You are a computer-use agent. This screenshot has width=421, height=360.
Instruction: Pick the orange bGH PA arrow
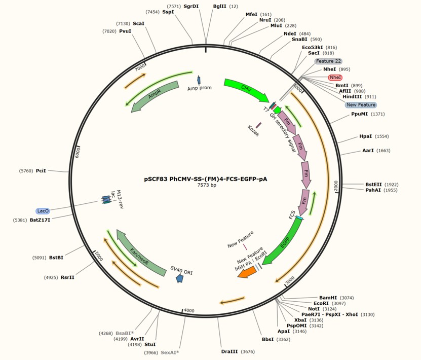pyautogui.click(x=247, y=272)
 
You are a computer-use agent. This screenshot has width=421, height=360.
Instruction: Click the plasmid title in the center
pyautogui.click(x=206, y=179)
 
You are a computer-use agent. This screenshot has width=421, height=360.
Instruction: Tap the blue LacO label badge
pyautogui.click(x=43, y=211)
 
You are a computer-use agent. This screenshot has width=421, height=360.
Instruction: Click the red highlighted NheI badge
pyautogui.click(x=335, y=78)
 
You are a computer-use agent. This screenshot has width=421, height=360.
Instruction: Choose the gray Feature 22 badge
pyautogui.click(x=328, y=61)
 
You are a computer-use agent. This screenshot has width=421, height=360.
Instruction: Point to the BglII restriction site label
pyautogui.click(x=220, y=6)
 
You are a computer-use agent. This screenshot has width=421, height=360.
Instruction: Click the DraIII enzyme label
pyautogui.click(x=229, y=351)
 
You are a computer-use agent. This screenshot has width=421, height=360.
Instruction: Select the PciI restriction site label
pyautogui.click(x=41, y=170)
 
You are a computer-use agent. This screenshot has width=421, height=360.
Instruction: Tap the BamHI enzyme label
pyautogui.click(x=328, y=298)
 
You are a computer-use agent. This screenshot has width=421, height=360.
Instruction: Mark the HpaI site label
pyautogui.click(x=366, y=136)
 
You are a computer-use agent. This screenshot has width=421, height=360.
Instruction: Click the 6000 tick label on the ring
pyautogui.click(x=77, y=152)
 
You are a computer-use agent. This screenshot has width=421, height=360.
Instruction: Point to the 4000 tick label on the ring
pyautogui.click(x=189, y=311)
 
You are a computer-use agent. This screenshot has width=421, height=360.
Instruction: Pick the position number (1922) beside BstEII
pyautogui.click(x=392, y=185)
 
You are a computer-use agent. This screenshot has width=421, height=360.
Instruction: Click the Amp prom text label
pyautogui.click(x=200, y=88)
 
